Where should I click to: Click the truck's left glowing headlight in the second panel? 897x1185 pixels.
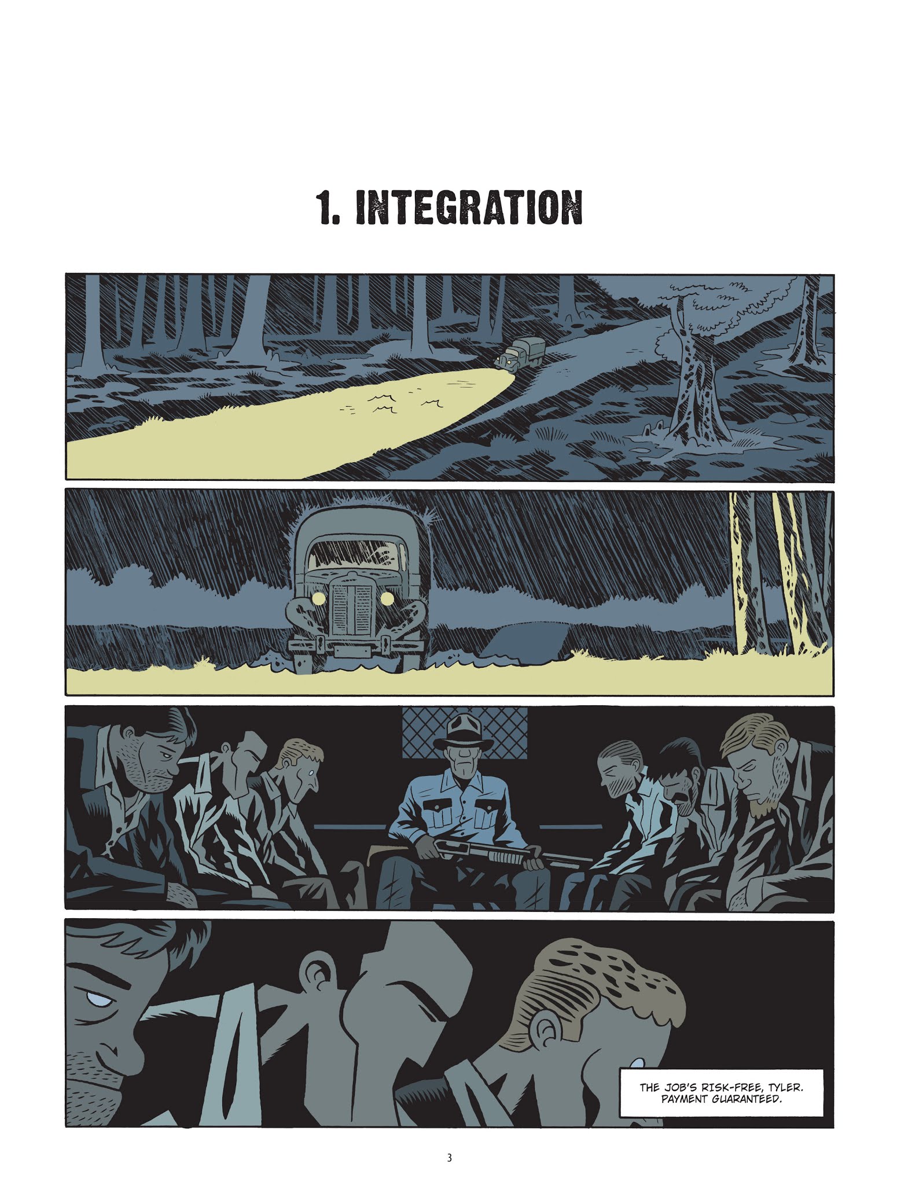click(x=318, y=597)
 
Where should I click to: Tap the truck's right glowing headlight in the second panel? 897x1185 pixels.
click(x=387, y=597)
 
